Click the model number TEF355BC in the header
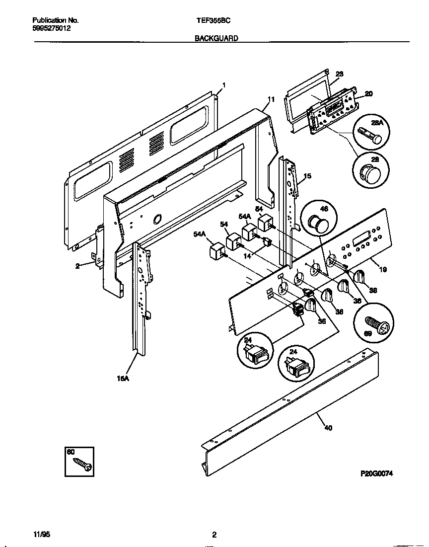(214, 21)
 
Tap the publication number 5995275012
(51, 29)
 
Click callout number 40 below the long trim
(328, 428)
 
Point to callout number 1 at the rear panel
(224, 85)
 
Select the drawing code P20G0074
(376, 474)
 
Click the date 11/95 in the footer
(42, 535)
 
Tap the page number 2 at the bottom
(214, 535)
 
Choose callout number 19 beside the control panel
(383, 269)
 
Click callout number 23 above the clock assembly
(340, 74)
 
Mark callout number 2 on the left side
(77, 266)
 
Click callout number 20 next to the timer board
(368, 93)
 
